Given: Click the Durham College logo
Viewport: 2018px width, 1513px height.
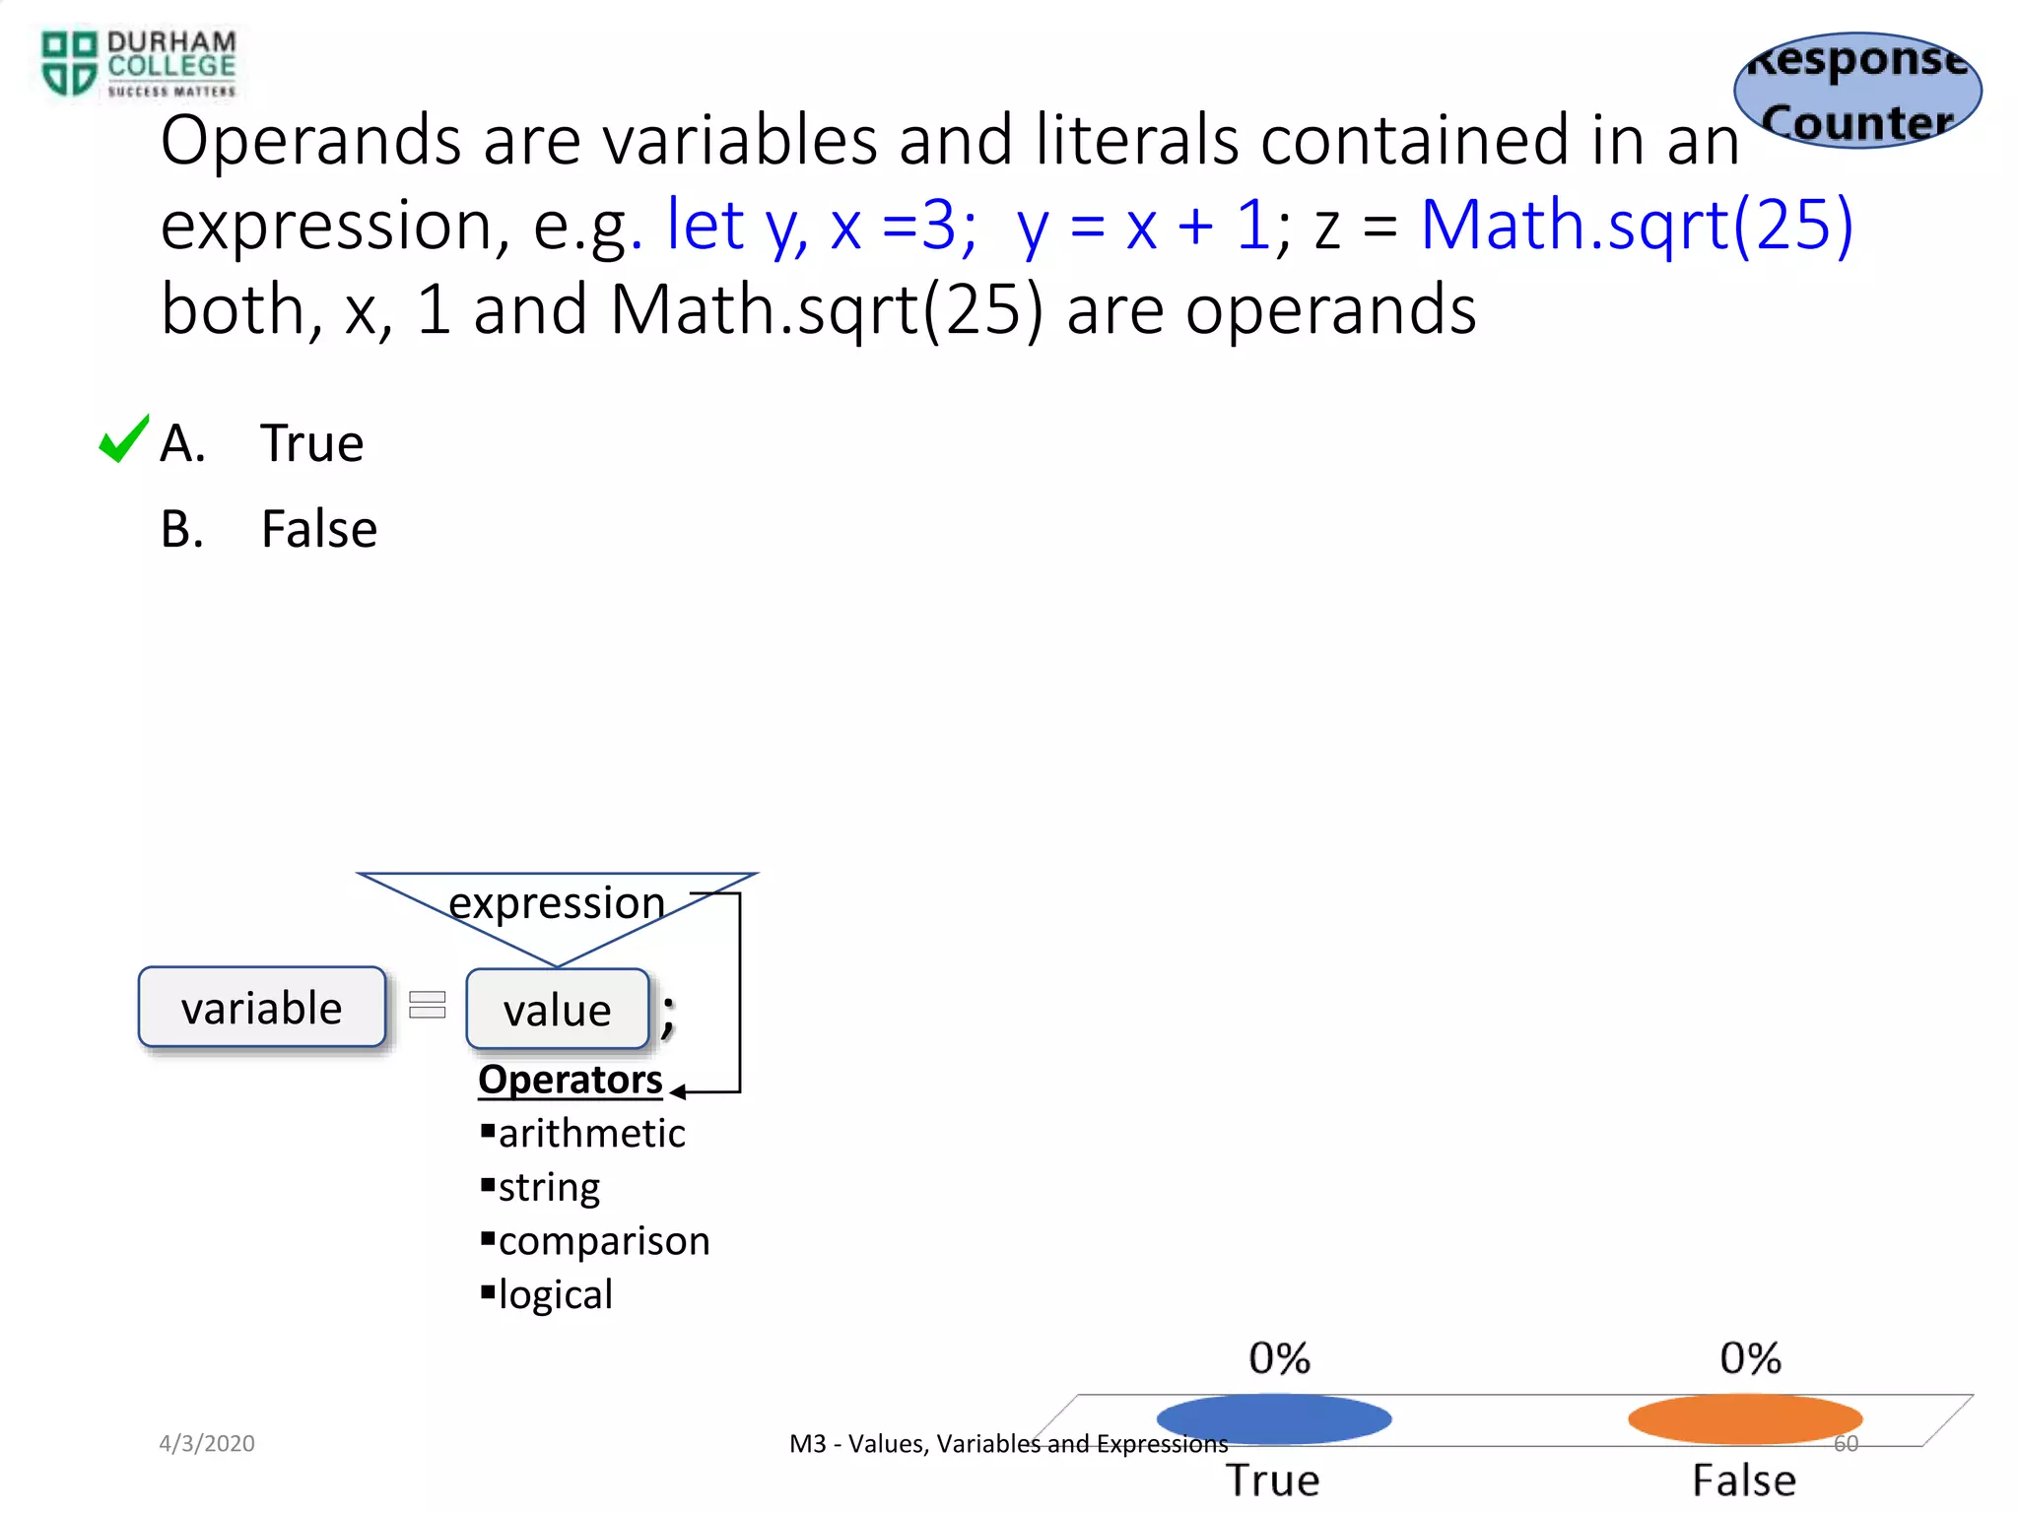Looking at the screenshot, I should coord(138,63).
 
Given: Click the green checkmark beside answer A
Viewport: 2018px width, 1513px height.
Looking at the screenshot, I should coord(123,439).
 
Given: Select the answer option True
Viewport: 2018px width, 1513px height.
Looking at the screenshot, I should coord(311,443).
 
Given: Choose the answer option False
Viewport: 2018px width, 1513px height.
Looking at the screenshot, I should coord(318,529).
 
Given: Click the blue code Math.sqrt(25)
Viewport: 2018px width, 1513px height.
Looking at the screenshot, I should coord(1636,225).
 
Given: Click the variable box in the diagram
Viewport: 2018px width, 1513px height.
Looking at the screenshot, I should coord(262,1008).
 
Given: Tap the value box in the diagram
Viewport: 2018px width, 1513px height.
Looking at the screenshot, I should coord(558,1010).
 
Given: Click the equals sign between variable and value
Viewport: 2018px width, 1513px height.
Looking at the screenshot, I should coord(427,1005).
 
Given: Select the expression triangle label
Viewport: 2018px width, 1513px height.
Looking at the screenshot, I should coord(557,902).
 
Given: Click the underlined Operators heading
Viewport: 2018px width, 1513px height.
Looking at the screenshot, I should coord(570,1080).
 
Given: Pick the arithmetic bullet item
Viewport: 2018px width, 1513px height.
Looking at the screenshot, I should coord(591,1134).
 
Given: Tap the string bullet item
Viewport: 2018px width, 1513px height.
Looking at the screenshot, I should coord(549,1188).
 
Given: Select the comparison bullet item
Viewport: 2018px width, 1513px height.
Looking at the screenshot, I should coord(603,1241).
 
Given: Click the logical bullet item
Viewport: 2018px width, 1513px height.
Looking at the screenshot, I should coord(555,1294).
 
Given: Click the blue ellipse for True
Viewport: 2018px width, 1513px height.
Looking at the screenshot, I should coord(1273,1418).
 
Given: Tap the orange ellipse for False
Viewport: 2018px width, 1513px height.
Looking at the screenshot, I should coord(1744,1418).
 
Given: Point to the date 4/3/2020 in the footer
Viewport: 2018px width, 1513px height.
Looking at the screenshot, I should coord(207,1443).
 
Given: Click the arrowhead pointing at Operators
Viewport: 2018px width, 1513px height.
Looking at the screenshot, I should coord(678,1091).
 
